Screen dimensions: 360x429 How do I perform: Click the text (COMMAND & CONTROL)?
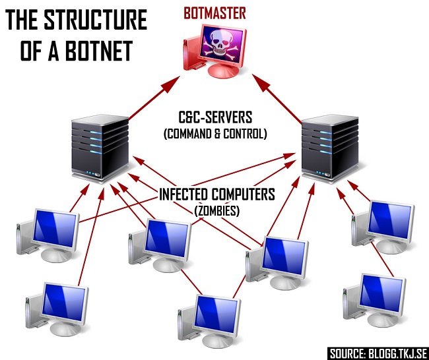pyautogui.click(x=214, y=134)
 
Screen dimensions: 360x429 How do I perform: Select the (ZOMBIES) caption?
pyautogui.click(x=215, y=210)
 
